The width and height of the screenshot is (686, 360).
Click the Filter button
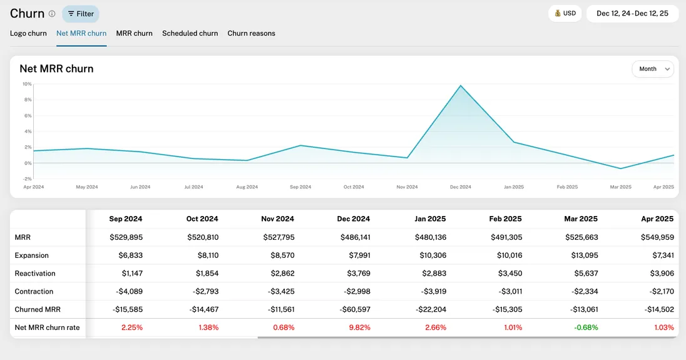[81, 14]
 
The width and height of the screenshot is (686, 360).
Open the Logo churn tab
[28, 33]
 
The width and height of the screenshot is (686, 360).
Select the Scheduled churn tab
[190, 33]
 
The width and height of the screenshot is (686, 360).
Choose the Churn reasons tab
[251, 33]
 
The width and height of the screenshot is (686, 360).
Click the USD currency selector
[565, 13]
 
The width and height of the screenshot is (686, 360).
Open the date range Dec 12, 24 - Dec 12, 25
[632, 13]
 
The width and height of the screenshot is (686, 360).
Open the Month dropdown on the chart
[653, 69]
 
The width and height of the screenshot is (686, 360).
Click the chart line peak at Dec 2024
[461, 85]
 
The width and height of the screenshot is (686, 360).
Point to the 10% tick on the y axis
[27, 84]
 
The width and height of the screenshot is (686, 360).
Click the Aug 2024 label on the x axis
[247, 187]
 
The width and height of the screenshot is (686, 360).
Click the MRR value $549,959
[657, 237]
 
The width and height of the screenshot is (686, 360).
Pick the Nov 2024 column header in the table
[277, 219]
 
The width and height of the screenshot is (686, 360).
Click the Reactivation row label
[35, 274]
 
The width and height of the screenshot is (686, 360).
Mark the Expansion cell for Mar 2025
[583, 255]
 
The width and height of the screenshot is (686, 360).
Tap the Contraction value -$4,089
[128, 291]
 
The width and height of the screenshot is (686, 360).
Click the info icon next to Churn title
[52, 14]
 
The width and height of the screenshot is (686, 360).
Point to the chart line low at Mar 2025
[620, 168]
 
